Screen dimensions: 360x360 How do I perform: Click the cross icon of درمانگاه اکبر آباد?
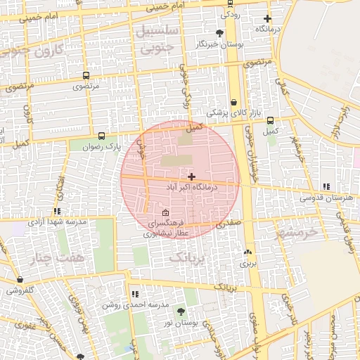click(x=191, y=176)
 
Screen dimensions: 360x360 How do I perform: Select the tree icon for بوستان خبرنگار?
click(x=220, y=33)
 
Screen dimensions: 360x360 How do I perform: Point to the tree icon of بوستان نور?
click(x=181, y=311)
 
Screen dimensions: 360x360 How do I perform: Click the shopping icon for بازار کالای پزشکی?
click(x=233, y=101)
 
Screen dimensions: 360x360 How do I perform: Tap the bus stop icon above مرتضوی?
click(x=86, y=75)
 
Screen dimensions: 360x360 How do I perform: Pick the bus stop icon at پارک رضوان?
click(x=102, y=136)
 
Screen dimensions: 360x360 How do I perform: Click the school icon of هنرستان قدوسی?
click(x=326, y=187)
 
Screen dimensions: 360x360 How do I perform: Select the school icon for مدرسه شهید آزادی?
click(x=57, y=210)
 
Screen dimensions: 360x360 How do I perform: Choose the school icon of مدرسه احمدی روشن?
click(x=134, y=294)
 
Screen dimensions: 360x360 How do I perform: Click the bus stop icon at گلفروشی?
click(x=20, y=280)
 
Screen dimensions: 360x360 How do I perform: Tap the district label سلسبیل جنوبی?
click(x=157, y=41)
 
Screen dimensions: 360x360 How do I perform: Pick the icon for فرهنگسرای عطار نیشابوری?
click(x=165, y=213)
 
